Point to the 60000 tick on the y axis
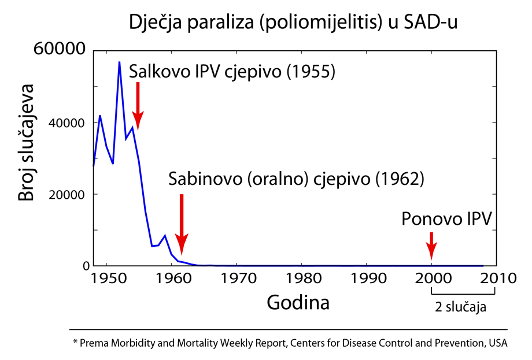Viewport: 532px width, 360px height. [x=60, y=50]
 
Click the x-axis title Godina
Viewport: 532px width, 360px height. [x=298, y=302]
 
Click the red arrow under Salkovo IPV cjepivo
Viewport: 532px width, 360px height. [x=138, y=107]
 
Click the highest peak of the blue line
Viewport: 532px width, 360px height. [x=119, y=62]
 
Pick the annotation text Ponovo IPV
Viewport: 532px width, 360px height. [x=447, y=220]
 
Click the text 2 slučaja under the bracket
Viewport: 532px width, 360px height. [x=460, y=307]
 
